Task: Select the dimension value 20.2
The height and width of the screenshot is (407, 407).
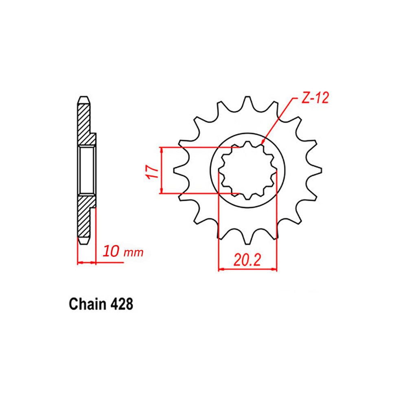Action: [247, 260]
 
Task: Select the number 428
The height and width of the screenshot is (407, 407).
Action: [121, 304]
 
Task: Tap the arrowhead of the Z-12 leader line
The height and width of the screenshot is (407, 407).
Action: [263, 142]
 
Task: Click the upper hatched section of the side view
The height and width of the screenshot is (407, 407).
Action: [84, 122]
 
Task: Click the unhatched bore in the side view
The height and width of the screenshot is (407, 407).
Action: [86, 170]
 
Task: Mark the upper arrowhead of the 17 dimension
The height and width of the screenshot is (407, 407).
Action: [162, 149]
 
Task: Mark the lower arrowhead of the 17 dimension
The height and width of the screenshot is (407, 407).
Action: [162, 190]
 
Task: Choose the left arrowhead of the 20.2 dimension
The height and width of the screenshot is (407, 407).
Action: [221, 269]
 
